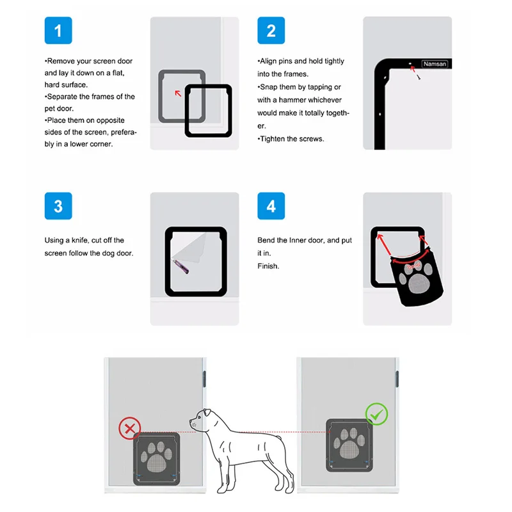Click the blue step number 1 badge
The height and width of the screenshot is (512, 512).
pyautogui.click(x=58, y=30)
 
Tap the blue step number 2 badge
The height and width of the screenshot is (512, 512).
pyautogui.click(x=271, y=30)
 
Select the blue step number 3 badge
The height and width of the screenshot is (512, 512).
pyautogui.click(x=58, y=206)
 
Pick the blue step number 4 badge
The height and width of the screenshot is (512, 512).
pyautogui.click(x=271, y=206)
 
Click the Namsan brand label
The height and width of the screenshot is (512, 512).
pyautogui.click(x=435, y=64)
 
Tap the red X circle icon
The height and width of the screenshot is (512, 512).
pyautogui.click(x=130, y=428)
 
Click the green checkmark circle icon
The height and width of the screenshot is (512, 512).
pyautogui.click(x=376, y=414)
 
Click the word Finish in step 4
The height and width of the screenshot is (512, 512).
pyautogui.click(x=268, y=266)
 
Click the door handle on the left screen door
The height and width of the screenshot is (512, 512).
pyautogui.click(x=204, y=378)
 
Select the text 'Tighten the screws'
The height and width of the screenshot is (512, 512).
pyautogui.click(x=292, y=139)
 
